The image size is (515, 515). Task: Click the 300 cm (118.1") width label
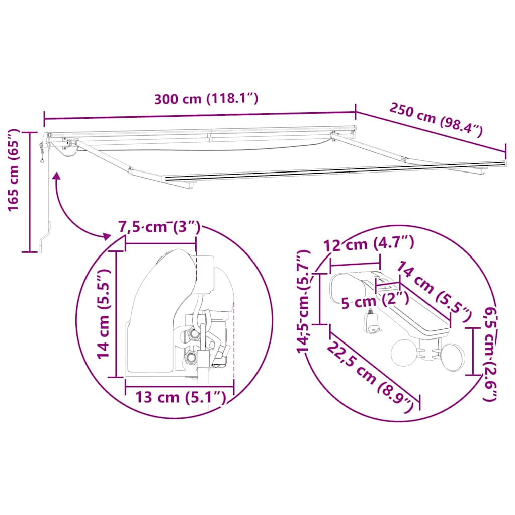click(x=206, y=99)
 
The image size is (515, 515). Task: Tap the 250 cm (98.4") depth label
click(x=436, y=120)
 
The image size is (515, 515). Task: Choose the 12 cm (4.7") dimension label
click(x=369, y=245)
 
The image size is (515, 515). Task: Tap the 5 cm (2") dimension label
click(x=375, y=303)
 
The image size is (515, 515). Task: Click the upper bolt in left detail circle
click(x=193, y=335)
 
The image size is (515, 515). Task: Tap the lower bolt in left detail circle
click(x=192, y=358)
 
